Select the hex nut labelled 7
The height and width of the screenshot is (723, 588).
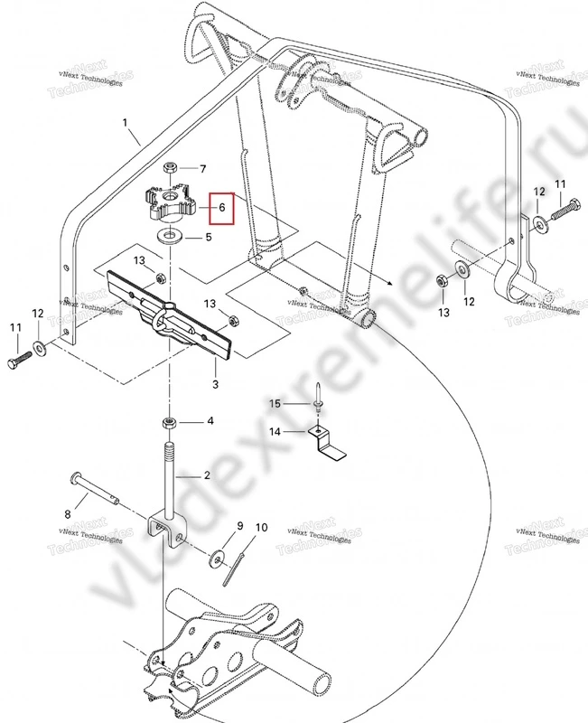pos(170,169)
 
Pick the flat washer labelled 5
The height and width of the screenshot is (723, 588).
pos(169,238)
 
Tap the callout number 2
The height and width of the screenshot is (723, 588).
pos(207,475)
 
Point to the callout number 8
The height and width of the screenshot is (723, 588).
pos(66,514)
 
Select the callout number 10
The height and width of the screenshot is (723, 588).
pos(261,527)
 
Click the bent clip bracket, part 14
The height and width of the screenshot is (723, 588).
pos(328,444)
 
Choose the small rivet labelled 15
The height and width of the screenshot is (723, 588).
pos(321,404)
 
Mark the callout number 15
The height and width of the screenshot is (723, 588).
pos(280,402)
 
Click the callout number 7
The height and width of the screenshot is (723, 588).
pos(203,169)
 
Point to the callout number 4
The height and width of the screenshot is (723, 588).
pos(210,422)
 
